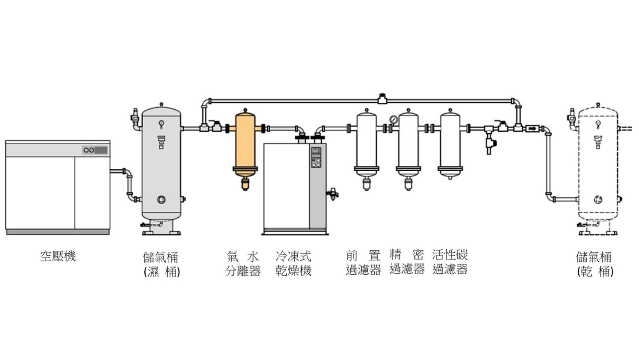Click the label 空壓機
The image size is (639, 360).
click(x=58, y=256)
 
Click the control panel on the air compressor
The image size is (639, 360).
click(x=95, y=150)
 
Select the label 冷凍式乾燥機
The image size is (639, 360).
click(x=293, y=263)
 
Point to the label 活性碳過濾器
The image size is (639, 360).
click(x=450, y=262)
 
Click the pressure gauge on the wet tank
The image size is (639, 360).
click(x=161, y=124)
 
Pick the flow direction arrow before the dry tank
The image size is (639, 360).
click(x=531, y=129)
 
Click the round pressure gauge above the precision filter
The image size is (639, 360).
click(x=394, y=119)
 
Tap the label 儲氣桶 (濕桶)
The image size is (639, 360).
click(x=161, y=264)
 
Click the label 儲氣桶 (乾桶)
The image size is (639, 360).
click(x=595, y=264)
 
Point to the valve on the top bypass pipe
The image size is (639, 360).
click(x=382, y=99)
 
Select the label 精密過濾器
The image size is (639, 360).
click(x=407, y=262)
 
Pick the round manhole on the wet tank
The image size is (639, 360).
click(x=161, y=200)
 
